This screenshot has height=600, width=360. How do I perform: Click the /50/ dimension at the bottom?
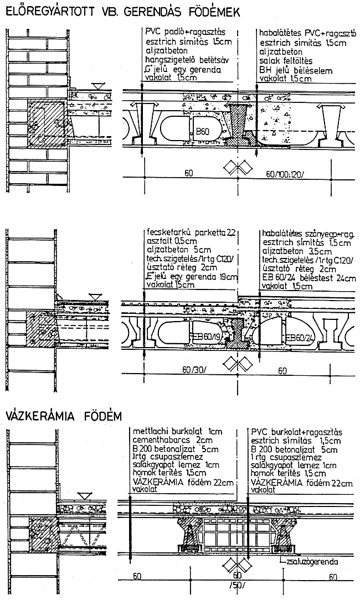(x=238, y=586)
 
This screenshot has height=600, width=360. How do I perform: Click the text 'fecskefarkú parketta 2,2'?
(x=189, y=233)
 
